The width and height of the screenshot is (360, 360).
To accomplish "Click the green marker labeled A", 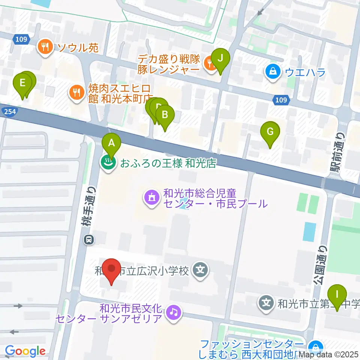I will (111, 143).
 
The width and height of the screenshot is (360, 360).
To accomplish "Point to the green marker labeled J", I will (220, 58).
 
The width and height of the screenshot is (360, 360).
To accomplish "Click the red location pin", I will (112, 269).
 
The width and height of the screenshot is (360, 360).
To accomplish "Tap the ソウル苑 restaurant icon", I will (45, 47).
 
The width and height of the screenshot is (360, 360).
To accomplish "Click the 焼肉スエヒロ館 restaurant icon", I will (77, 93).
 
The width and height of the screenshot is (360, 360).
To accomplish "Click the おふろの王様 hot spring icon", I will (108, 163).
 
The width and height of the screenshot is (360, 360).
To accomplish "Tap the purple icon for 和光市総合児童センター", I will (151, 199).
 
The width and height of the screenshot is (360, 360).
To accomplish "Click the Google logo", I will (25, 351).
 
